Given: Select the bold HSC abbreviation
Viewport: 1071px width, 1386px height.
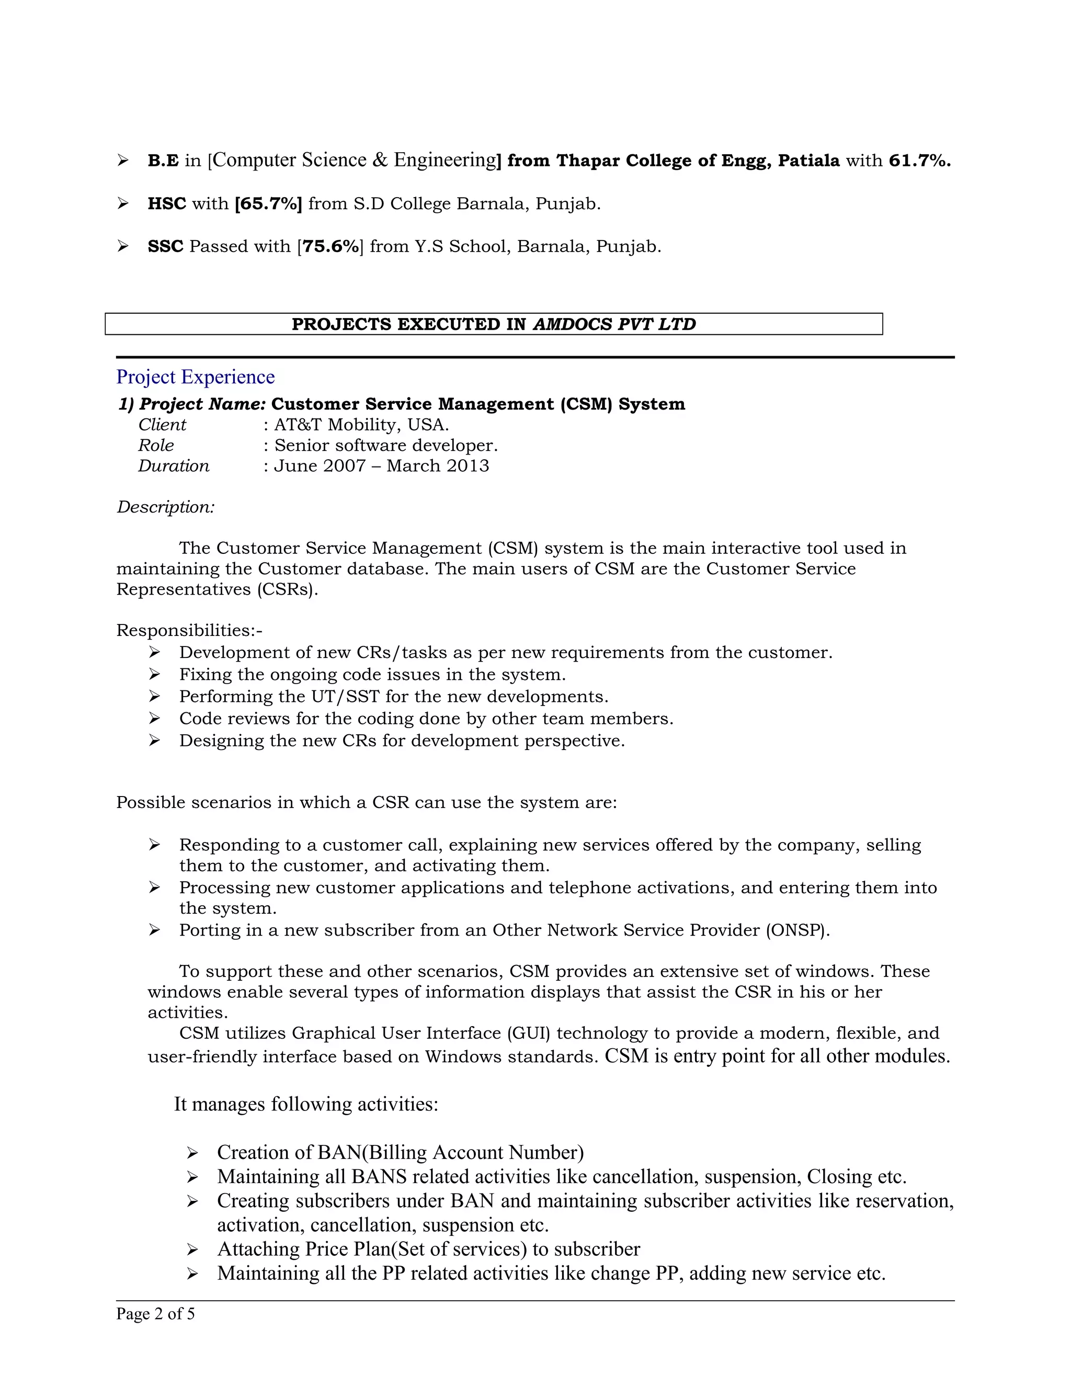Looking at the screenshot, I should point(166,203).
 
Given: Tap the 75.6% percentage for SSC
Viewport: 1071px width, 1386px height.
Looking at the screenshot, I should point(331,246).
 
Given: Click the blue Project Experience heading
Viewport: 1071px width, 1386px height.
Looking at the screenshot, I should point(196,377).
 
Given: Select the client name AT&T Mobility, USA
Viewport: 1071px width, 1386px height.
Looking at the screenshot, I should point(361,425).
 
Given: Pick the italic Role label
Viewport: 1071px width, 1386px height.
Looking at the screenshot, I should point(156,445).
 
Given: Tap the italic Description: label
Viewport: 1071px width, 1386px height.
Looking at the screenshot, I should point(166,507).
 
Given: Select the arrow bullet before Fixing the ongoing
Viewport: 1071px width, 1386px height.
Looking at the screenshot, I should point(154,675).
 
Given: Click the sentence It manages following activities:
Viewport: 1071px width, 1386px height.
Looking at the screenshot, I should point(306,1104).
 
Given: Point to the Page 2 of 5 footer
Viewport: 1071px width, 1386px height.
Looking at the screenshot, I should point(155,1314).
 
